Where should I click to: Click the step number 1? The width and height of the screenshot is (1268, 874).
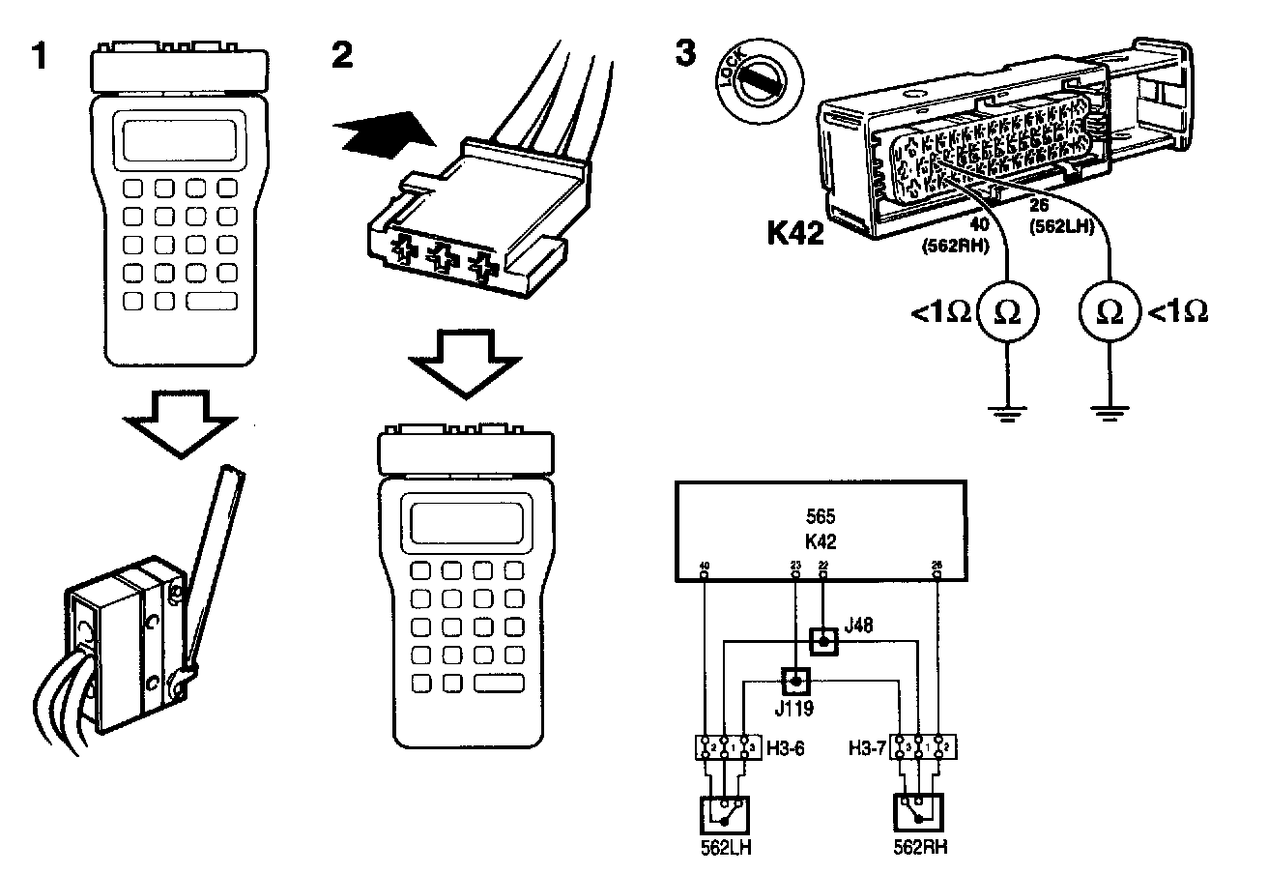click(40, 56)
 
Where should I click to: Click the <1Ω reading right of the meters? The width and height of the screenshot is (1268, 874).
click(1177, 311)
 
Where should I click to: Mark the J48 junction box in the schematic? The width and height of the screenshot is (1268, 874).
click(822, 640)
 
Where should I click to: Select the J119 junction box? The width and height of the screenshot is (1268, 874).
click(794, 683)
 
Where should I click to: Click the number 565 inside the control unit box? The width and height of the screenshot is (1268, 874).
click(821, 516)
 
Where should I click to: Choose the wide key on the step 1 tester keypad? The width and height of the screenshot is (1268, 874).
click(211, 301)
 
